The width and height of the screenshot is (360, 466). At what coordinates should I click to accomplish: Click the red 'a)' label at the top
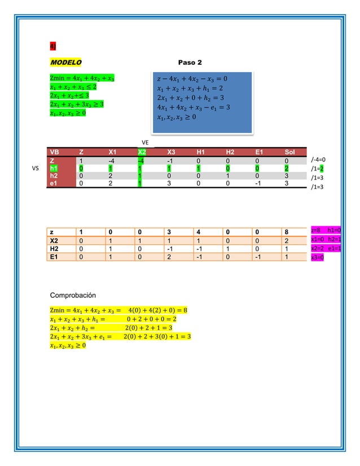pyautogui.click(x=52, y=46)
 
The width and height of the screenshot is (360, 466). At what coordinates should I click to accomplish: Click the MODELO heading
pyautogui.click(x=65, y=61)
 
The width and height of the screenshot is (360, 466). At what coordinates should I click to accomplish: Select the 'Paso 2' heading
pyautogui.click(x=190, y=61)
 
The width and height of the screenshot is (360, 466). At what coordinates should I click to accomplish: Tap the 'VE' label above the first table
pyautogui.click(x=145, y=143)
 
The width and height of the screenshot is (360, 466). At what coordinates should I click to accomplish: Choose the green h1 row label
pyautogui.click(x=54, y=168)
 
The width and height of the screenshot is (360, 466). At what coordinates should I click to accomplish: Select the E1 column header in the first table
pyautogui.click(x=259, y=152)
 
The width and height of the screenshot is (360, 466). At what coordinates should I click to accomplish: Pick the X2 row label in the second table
pyautogui.click(x=55, y=240)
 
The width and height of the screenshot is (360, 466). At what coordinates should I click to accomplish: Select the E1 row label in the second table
pyautogui.click(x=55, y=257)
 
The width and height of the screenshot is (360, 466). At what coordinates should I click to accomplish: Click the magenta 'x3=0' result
pyautogui.click(x=317, y=257)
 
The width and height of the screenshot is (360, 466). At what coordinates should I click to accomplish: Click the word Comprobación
pyautogui.click(x=73, y=295)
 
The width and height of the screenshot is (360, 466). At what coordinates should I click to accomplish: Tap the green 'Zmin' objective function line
pyautogui.click(x=83, y=78)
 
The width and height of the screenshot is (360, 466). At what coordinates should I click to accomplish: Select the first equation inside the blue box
pyautogui.click(x=191, y=78)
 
